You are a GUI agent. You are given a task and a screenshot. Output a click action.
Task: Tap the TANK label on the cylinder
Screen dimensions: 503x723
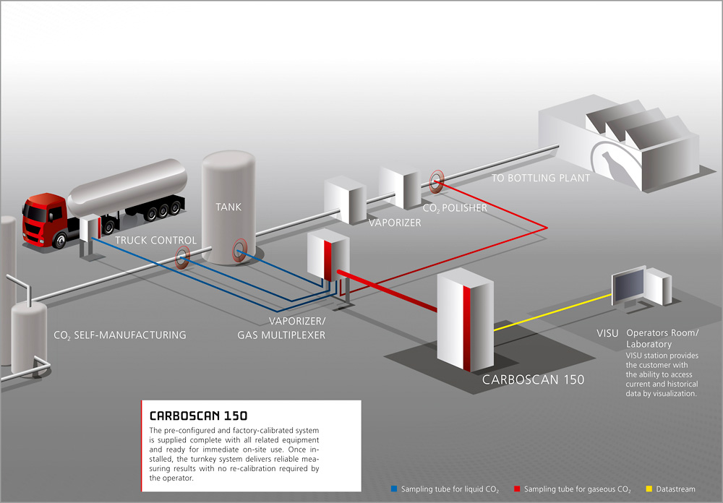(228, 207)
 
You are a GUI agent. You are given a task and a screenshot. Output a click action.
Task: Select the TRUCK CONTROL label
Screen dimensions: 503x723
(155, 240)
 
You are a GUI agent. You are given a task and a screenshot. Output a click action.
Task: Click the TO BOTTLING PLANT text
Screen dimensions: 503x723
(540, 178)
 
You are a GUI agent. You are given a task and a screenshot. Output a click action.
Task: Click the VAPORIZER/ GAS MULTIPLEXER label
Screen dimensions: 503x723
(281, 328)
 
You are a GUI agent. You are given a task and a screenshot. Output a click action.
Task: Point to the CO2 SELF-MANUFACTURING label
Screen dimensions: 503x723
(120, 335)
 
